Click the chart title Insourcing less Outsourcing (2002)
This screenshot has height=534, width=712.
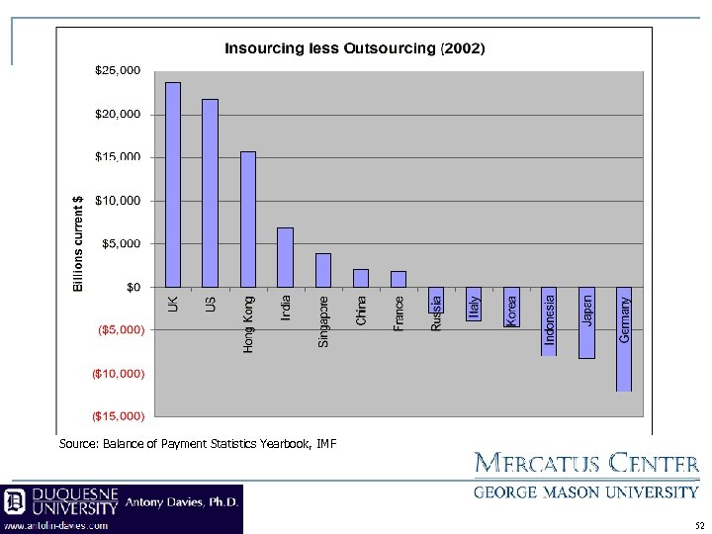[x=354, y=47]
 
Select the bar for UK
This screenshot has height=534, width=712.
[x=173, y=184]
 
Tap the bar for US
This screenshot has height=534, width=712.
[x=210, y=193]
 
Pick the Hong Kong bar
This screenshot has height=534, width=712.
[x=248, y=219]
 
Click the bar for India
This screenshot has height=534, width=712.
[x=285, y=257]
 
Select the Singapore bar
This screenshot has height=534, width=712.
[x=323, y=270]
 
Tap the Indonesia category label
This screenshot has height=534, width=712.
[x=550, y=315]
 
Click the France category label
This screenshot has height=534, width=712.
[x=399, y=313]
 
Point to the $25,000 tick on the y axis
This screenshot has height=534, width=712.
[x=117, y=70]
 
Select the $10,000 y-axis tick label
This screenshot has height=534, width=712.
[x=117, y=201]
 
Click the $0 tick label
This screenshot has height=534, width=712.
[x=133, y=288]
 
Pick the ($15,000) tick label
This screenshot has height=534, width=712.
[x=118, y=417]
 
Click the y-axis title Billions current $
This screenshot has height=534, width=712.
[x=79, y=242]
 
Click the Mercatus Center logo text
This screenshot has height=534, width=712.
[x=587, y=463]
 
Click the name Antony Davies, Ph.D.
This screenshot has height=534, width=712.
[x=182, y=502]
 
